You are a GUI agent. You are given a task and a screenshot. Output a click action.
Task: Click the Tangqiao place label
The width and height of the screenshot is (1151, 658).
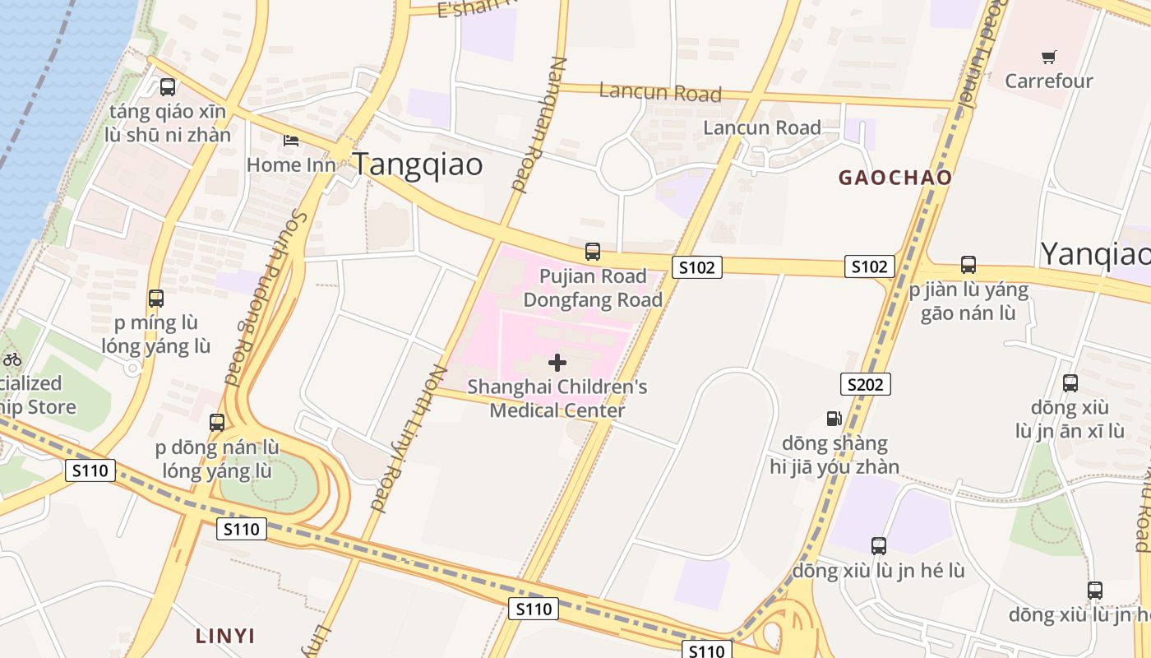pyautogui.click(x=418, y=164)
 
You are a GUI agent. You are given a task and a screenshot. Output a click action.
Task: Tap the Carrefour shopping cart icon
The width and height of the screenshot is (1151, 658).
pyautogui.click(x=1048, y=57)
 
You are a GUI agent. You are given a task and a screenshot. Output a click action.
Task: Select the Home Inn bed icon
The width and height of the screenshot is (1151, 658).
pyautogui.click(x=290, y=140)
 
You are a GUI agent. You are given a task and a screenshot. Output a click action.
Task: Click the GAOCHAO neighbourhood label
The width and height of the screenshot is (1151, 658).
pyautogui.click(x=894, y=177)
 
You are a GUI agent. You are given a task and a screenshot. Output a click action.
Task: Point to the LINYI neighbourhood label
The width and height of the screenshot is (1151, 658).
pyautogui.click(x=224, y=635)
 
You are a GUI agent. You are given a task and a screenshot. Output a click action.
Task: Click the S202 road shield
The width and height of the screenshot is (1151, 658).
pyautogui.click(x=866, y=384)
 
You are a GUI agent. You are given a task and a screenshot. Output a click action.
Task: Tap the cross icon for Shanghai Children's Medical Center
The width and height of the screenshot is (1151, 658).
pyautogui.click(x=557, y=362)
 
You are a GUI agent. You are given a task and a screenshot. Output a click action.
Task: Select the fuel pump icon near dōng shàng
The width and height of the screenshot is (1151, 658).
pyautogui.click(x=834, y=418)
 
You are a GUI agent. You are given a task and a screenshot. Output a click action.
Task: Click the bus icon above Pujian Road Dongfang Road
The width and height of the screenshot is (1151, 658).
pyautogui.click(x=592, y=252)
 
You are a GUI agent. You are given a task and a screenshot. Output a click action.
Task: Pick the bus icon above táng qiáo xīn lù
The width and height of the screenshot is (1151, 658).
pyautogui.click(x=168, y=86)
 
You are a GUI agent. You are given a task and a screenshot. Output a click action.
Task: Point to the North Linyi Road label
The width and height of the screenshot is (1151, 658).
pyautogui.click(x=409, y=438)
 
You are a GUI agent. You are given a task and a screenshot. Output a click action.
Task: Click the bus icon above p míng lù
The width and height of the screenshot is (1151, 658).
pyautogui.click(x=155, y=298)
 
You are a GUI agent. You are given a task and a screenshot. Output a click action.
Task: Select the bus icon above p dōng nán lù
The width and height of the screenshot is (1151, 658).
pyautogui.click(x=217, y=423)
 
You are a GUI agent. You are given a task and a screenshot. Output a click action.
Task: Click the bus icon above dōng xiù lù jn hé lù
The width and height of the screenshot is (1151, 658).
pyautogui.click(x=878, y=545)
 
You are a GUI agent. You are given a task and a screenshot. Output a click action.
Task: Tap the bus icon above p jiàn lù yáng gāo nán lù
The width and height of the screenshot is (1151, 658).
pyautogui.click(x=968, y=265)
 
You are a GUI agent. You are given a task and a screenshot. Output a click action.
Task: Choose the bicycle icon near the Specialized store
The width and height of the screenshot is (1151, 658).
pyautogui.click(x=12, y=359)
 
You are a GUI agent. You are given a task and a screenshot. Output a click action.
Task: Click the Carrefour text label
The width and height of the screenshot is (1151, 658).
pyautogui.click(x=1048, y=81)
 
